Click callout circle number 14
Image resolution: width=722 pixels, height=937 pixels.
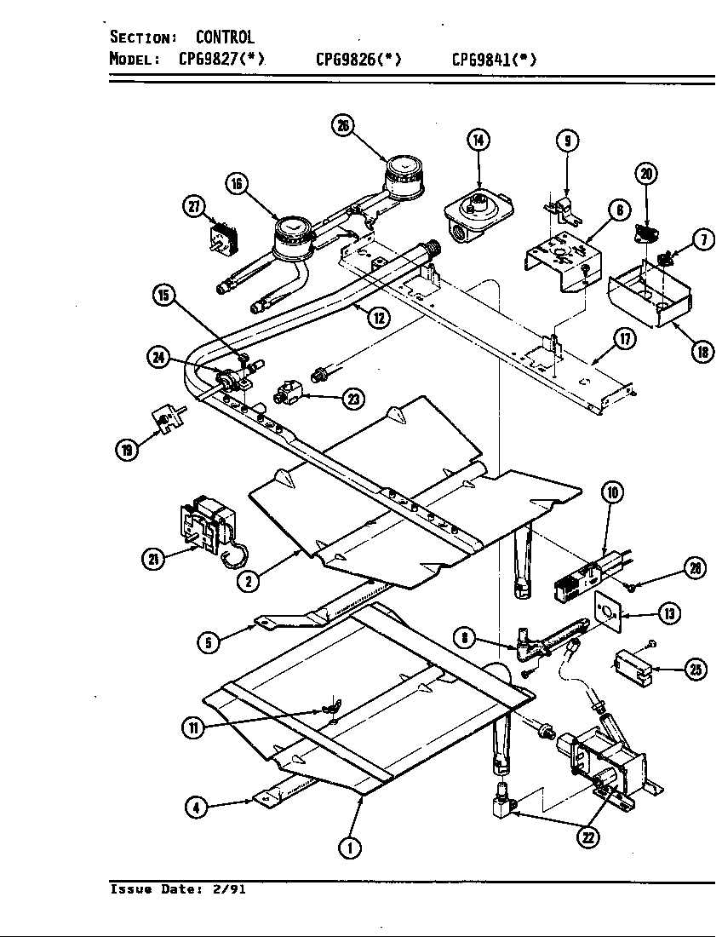tap(479, 141)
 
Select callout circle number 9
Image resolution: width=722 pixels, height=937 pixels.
tap(568, 141)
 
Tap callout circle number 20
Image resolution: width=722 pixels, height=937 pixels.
tap(647, 175)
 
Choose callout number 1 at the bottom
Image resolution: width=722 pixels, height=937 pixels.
tap(348, 847)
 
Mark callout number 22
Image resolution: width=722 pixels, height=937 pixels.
tap(588, 837)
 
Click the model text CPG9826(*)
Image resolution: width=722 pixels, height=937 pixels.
tap(358, 59)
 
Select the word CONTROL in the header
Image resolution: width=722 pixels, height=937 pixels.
tap(225, 37)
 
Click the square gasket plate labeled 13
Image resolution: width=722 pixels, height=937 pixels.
tap(607, 610)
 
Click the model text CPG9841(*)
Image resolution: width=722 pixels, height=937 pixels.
tap(494, 59)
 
